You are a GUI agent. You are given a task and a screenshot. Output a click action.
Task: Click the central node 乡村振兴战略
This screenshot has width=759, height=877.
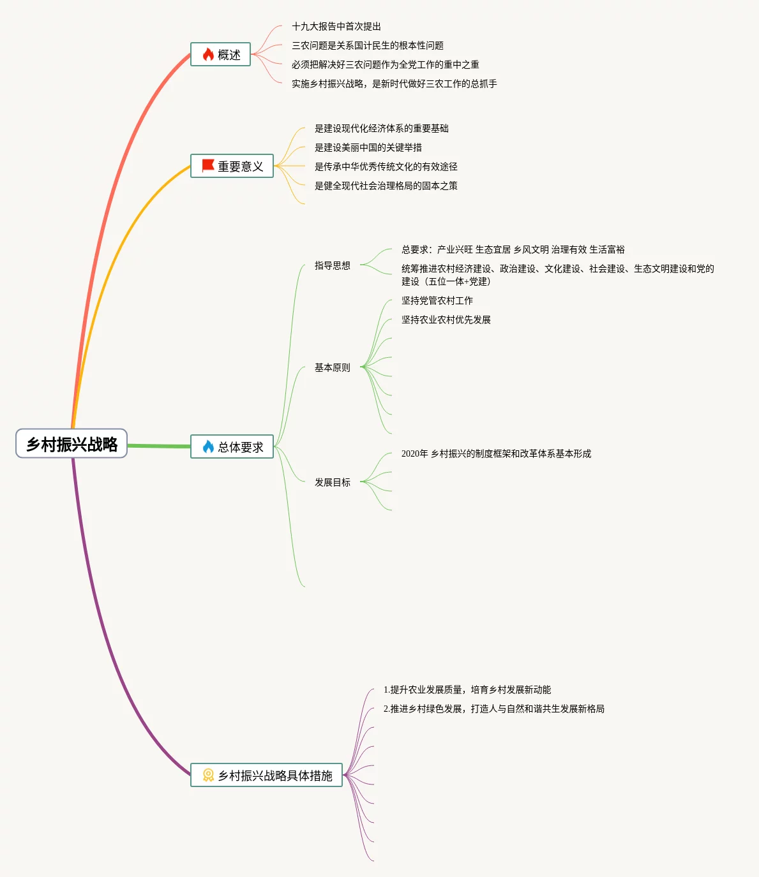point(71,444)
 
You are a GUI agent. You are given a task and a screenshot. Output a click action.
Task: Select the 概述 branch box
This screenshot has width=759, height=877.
point(221,55)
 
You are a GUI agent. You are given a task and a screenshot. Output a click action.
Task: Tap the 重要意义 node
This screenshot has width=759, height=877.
point(232,166)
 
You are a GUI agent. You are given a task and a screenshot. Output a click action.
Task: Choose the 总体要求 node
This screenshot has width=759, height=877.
point(232,447)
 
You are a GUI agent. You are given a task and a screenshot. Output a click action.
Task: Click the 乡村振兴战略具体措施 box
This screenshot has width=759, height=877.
point(267,776)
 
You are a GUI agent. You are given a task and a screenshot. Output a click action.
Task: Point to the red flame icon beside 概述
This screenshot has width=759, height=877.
point(208,55)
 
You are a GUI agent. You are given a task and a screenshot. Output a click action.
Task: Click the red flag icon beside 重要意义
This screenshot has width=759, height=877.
point(208,166)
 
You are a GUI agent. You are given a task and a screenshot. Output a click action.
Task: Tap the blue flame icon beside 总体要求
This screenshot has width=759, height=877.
point(208,446)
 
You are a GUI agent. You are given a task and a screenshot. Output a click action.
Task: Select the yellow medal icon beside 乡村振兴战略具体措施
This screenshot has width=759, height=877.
point(208,775)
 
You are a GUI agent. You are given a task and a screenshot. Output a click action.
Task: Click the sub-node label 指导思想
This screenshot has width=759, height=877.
point(332,265)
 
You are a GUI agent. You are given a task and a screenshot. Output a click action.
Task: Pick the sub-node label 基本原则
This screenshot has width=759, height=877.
point(332,367)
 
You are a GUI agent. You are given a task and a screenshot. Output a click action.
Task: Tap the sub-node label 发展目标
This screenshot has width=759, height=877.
point(332,482)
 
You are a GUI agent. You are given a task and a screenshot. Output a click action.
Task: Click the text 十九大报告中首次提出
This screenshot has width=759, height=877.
point(336,26)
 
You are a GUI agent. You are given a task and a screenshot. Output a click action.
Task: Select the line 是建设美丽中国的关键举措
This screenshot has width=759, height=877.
point(368,147)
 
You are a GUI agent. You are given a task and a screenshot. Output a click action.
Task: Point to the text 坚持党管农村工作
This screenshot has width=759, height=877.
point(437,300)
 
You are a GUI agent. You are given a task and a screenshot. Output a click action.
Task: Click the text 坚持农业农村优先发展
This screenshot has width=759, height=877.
point(446,320)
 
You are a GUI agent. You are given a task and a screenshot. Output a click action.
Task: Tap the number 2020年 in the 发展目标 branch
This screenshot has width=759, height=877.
point(414,453)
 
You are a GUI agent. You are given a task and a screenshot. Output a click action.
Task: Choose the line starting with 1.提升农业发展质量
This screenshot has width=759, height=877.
point(467,689)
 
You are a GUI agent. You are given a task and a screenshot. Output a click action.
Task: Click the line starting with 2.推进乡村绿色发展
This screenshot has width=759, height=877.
point(494,709)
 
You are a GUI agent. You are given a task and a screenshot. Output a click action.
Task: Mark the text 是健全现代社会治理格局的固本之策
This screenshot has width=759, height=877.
point(386,186)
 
